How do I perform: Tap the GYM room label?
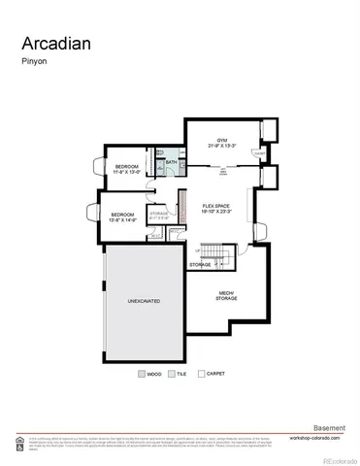221,139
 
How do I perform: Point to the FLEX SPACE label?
215,205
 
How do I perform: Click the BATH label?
172,162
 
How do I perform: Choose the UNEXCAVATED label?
144,301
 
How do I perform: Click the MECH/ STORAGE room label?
225,296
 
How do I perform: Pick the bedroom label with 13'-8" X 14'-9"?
122,216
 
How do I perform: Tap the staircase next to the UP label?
226,257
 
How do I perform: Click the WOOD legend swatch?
142,373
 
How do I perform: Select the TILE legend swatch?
171,373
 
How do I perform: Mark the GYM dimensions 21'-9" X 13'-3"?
221,146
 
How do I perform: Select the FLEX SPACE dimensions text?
215,212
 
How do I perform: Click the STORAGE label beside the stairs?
200,264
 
